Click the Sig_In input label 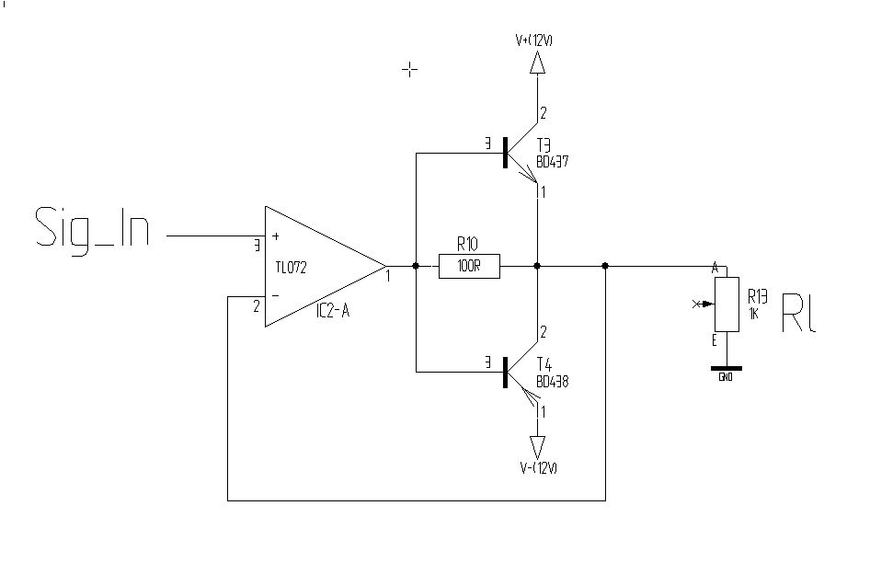point(93,230)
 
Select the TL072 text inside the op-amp point(291,267)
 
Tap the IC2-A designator point(333,310)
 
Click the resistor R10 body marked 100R point(469,266)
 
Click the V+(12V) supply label point(533,40)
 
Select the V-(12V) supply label point(539,468)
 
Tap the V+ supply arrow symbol point(537,63)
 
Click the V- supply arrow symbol point(537,447)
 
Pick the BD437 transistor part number point(552,162)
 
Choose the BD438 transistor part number point(552,382)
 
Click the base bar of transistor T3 point(505,153)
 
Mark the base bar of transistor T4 point(505,372)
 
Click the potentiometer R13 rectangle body point(727,304)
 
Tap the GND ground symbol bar point(727,368)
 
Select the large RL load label point(799,313)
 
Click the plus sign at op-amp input point(276,236)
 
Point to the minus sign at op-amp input point(276,296)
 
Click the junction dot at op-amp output point(416,266)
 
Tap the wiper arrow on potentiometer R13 point(704,304)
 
